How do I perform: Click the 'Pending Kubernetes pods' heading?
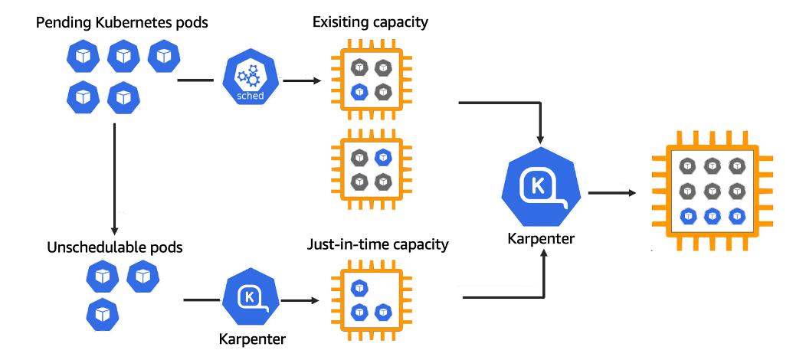pyautogui.click(x=122, y=23)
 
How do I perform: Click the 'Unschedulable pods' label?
pyautogui.click(x=115, y=247)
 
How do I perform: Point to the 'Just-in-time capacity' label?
pyautogui.click(x=378, y=245)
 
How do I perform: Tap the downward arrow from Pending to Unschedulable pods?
pyautogui.click(x=113, y=176)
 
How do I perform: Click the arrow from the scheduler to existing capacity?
pyautogui.click(x=300, y=80)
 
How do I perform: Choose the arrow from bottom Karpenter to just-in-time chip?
pyautogui.click(x=299, y=300)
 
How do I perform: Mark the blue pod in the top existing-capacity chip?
pyautogui.click(x=359, y=92)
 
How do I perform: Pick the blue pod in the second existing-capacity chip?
pyautogui.click(x=383, y=158)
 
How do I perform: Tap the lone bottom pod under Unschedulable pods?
pyautogui.click(x=101, y=313)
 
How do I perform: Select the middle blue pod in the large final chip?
pyautogui.click(x=713, y=215)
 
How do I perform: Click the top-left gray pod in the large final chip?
pyautogui.click(x=688, y=165)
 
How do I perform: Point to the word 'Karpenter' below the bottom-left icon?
pyautogui.click(x=247, y=339)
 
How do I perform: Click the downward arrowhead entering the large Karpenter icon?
pyautogui.click(x=540, y=139)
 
